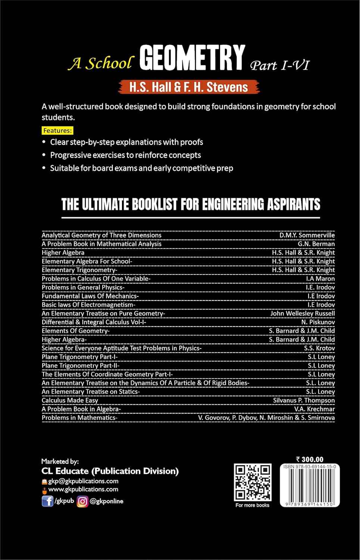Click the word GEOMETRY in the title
pos(192,58)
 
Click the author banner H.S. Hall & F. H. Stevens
pos(189,87)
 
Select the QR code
pos(253,482)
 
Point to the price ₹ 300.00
pos(309,460)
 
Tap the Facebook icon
pos(47,501)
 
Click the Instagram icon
pos(82,501)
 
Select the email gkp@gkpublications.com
pos(83,481)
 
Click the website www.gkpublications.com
pos(83,489)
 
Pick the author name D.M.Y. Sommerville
pos(307,235)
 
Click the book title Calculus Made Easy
pos(70,400)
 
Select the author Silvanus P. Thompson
pos(304,400)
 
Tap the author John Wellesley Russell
pos(303,313)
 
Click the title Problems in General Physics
pos(83,287)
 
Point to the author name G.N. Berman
pos(316,244)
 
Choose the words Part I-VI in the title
pos(279,65)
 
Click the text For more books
pos(252,505)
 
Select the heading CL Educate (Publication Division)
pos(110,471)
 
